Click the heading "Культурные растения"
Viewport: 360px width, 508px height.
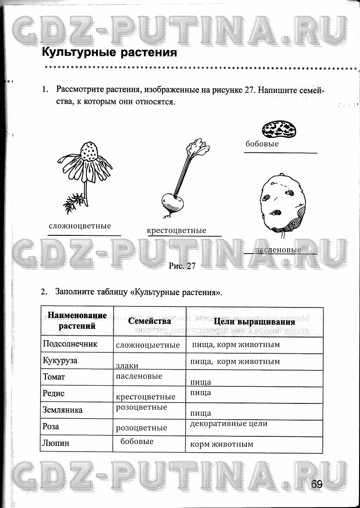[109, 52]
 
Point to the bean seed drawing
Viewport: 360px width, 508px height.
[280, 128]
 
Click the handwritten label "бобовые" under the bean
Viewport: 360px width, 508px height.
[262, 144]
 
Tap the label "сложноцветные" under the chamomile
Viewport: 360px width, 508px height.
[80, 226]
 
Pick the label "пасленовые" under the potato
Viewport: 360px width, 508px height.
[278, 250]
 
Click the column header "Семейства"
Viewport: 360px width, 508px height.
[149, 321]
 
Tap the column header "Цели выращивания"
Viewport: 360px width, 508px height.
[254, 322]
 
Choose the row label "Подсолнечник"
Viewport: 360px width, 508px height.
[70, 344]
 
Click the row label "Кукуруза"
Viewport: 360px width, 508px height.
[60, 360]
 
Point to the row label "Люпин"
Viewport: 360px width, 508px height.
[56, 443]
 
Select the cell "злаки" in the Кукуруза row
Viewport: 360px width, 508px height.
[127, 366]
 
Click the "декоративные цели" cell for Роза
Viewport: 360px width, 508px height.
[229, 423]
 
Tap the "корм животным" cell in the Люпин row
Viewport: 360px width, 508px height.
[222, 444]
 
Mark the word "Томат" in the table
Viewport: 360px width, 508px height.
[54, 377]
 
